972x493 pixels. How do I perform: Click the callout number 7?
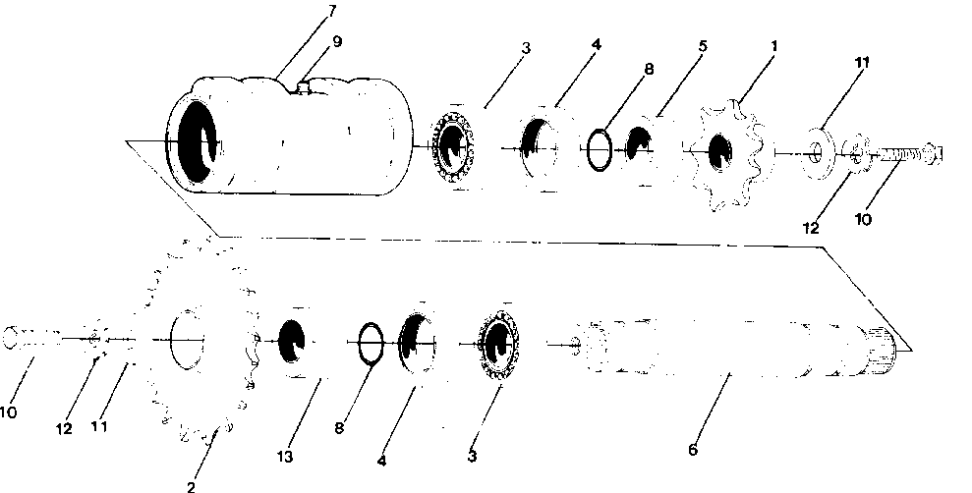(x=332, y=12)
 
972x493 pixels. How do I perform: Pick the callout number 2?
(x=192, y=485)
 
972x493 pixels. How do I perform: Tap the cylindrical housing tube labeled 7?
(x=295, y=137)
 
